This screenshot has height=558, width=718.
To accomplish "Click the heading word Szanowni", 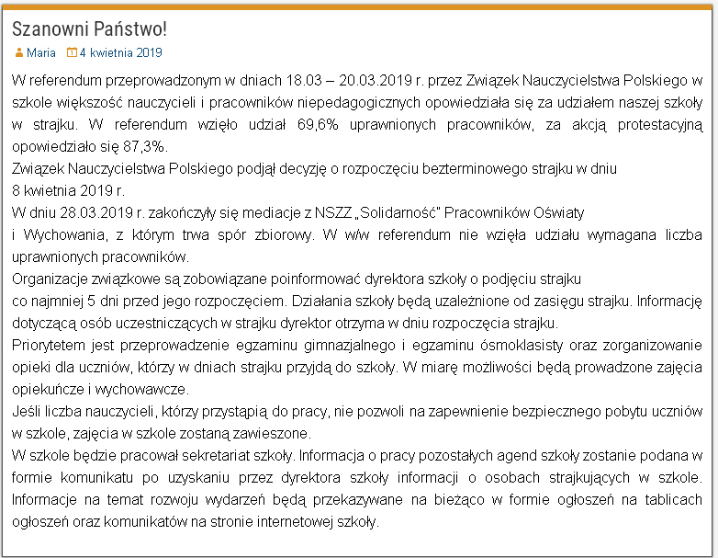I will [50, 28].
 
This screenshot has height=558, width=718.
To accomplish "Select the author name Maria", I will [40, 53].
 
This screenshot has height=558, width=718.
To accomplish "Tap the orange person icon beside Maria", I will [18, 53].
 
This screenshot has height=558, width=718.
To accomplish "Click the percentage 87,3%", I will [147, 147].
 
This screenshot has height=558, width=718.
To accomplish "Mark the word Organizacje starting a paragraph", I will [52, 279].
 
